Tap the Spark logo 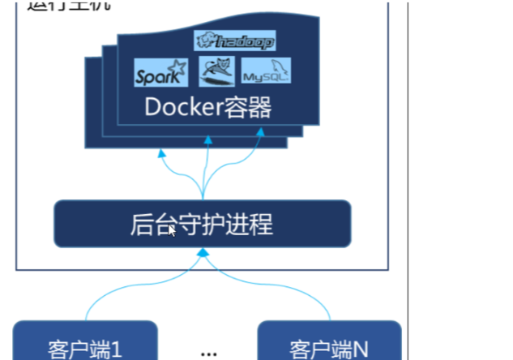pos(160,73)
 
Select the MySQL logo pos(266,73)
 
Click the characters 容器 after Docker pos(249,107)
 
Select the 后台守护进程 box pos(202,224)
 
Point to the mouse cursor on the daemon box pos(172,230)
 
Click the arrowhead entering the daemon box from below pos(203,254)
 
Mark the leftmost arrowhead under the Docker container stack pos(161,152)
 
